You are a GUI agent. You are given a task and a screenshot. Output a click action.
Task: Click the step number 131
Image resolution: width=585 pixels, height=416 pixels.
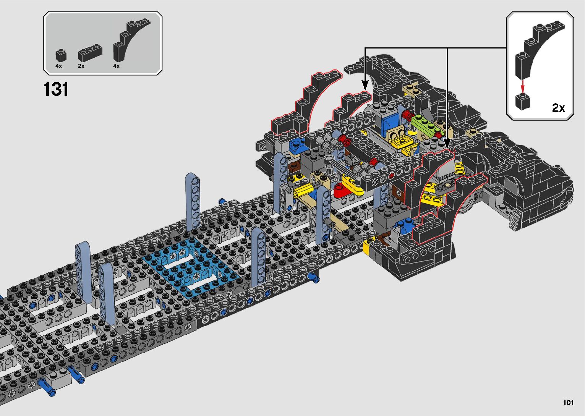56,89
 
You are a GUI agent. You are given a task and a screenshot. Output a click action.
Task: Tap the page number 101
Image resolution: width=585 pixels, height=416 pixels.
568,402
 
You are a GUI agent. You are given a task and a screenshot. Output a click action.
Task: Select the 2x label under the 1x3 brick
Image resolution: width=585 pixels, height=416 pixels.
81,66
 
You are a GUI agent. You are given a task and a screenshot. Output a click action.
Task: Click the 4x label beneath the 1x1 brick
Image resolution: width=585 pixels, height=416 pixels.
58,66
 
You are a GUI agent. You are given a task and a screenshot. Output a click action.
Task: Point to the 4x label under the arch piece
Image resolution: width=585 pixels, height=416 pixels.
116,66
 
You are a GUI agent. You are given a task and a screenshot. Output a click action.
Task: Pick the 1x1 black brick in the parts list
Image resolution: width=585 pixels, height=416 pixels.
61,55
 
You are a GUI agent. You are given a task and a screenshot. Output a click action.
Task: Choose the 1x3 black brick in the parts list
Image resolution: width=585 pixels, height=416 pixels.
90,53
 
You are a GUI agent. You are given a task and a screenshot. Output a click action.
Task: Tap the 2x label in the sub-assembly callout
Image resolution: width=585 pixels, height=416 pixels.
558,108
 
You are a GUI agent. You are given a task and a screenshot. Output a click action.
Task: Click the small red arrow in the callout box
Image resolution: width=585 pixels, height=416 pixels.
522,86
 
